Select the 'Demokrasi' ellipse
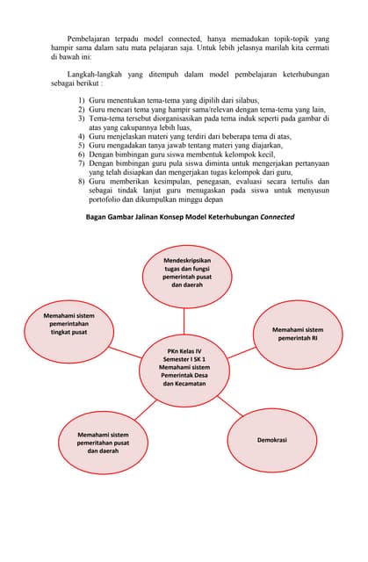[271, 439]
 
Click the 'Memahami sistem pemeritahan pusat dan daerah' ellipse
[103, 443]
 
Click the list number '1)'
[80, 101]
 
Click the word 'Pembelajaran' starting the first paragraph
[92, 40]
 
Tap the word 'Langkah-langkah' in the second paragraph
[99, 76]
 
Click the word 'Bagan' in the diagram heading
[97, 217]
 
